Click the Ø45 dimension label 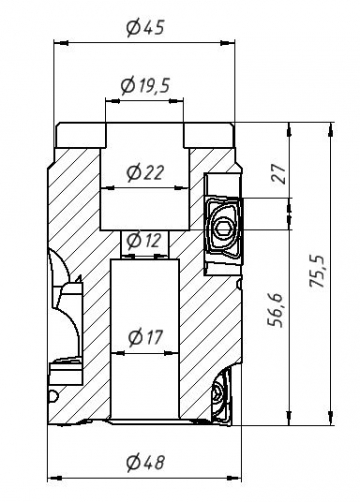pos(146,28)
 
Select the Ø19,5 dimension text pos(146,87)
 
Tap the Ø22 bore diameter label pos(146,172)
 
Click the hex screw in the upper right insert pos(224,231)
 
